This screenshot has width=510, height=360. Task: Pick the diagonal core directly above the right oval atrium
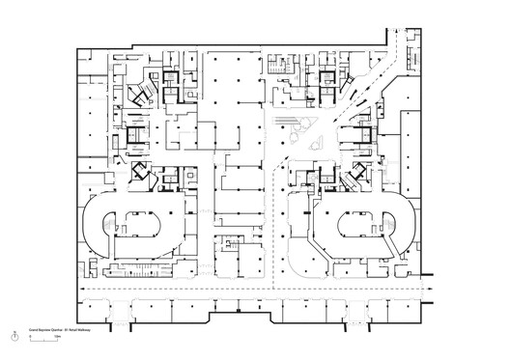[358, 176]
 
